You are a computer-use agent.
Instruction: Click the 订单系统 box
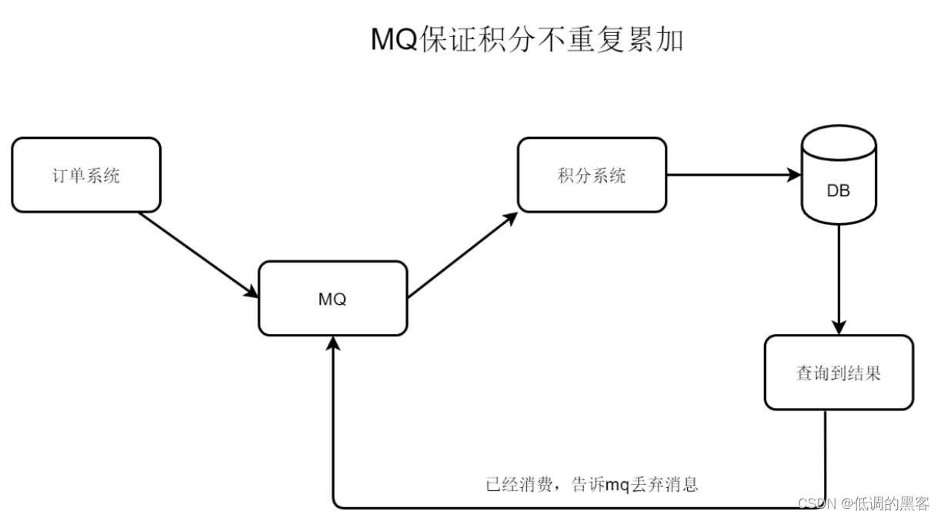86,175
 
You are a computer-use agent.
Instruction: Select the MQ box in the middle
332,299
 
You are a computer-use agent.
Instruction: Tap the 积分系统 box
591,175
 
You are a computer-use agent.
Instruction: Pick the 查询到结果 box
838,373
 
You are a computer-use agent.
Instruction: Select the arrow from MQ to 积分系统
462,256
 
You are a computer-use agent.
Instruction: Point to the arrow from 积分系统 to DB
731,175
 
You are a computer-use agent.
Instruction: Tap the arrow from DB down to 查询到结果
838,277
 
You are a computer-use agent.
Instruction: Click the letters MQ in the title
394,40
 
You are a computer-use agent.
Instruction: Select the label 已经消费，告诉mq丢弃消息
592,485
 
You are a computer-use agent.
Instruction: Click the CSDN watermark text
816,503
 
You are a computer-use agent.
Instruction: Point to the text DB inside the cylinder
838,191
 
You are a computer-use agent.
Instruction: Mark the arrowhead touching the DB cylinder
794,175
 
